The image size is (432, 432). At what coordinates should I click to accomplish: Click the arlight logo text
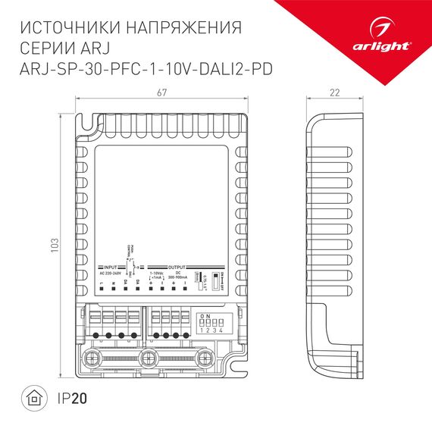(x=387, y=45)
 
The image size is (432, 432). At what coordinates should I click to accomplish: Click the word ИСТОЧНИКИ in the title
(x=66, y=29)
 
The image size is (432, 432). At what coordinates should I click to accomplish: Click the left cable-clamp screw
(x=96, y=356)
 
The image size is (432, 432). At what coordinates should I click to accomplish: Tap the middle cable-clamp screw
(x=149, y=356)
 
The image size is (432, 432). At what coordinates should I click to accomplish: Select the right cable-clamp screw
(x=202, y=356)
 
